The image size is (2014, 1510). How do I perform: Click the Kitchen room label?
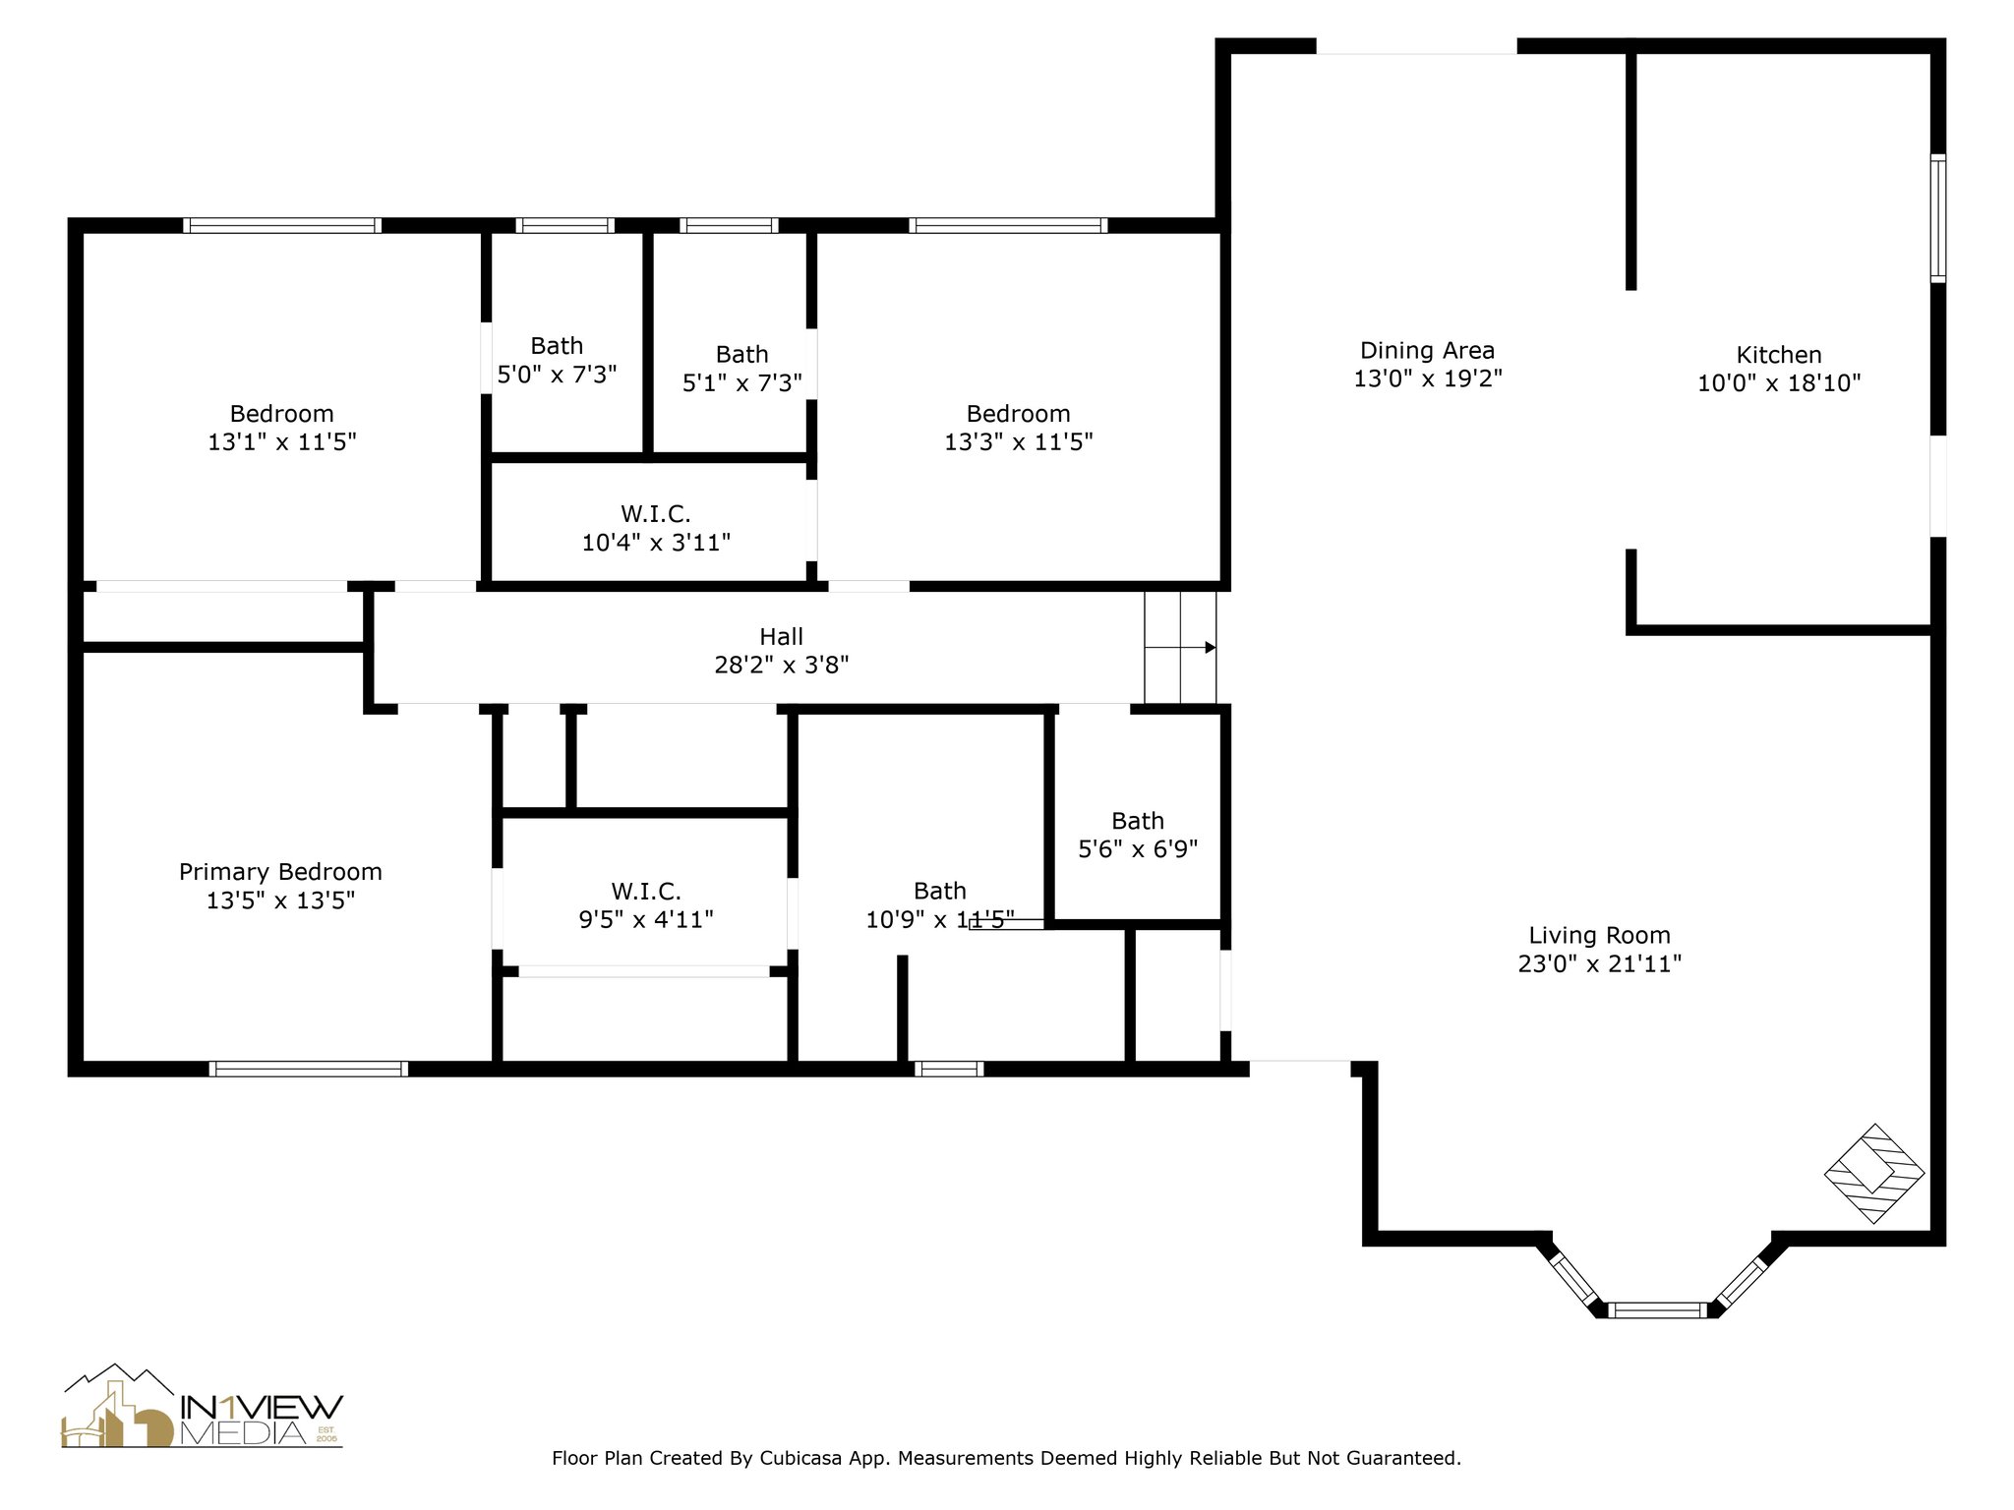1778,355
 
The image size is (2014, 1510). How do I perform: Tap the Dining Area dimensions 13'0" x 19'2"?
1427,378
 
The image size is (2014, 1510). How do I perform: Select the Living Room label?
1599,935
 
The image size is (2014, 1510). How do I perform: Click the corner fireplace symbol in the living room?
1873,1174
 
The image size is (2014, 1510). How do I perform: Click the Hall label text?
781,636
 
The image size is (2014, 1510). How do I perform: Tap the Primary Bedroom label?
280,872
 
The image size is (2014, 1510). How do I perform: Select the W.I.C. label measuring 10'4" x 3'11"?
656,528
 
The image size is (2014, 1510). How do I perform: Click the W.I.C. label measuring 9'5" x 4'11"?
646,905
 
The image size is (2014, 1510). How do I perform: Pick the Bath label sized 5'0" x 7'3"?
557,360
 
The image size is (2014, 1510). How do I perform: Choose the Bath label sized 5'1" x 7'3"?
742,368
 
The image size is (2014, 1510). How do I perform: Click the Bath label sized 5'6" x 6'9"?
1138,835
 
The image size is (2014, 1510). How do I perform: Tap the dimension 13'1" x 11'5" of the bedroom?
281,442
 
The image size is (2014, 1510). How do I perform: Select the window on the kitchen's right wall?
1937,218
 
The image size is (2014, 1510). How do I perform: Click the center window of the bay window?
1657,1309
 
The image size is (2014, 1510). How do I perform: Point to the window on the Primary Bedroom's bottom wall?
308,1069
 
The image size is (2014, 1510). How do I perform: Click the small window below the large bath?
948,1069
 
